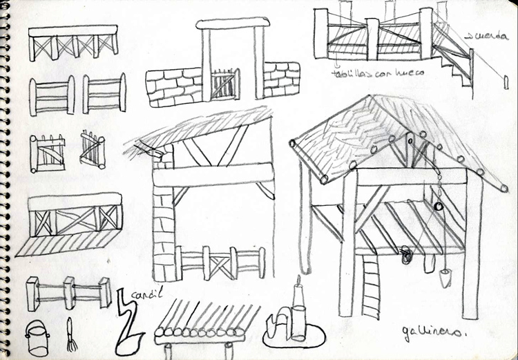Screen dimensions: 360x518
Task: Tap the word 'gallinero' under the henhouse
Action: [429, 334]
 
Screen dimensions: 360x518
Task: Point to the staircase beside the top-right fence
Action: [452, 66]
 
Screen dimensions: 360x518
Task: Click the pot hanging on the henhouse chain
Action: [442, 278]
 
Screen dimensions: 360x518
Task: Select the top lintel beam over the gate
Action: [231, 23]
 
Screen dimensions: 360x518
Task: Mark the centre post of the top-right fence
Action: [372, 39]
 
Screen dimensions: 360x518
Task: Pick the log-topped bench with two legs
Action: [200, 330]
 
